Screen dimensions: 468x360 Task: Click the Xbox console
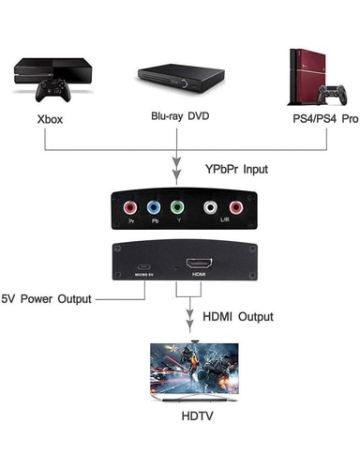[x=52, y=70]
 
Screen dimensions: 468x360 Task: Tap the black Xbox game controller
[x=52, y=92]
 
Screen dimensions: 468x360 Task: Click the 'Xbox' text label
[x=50, y=120]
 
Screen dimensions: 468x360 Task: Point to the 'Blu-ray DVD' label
[x=180, y=115]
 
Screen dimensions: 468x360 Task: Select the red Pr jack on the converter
[x=132, y=208]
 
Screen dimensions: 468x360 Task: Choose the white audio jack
[x=212, y=208]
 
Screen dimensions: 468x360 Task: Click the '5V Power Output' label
[x=47, y=299]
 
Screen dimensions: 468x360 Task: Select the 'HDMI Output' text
[x=238, y=317]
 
